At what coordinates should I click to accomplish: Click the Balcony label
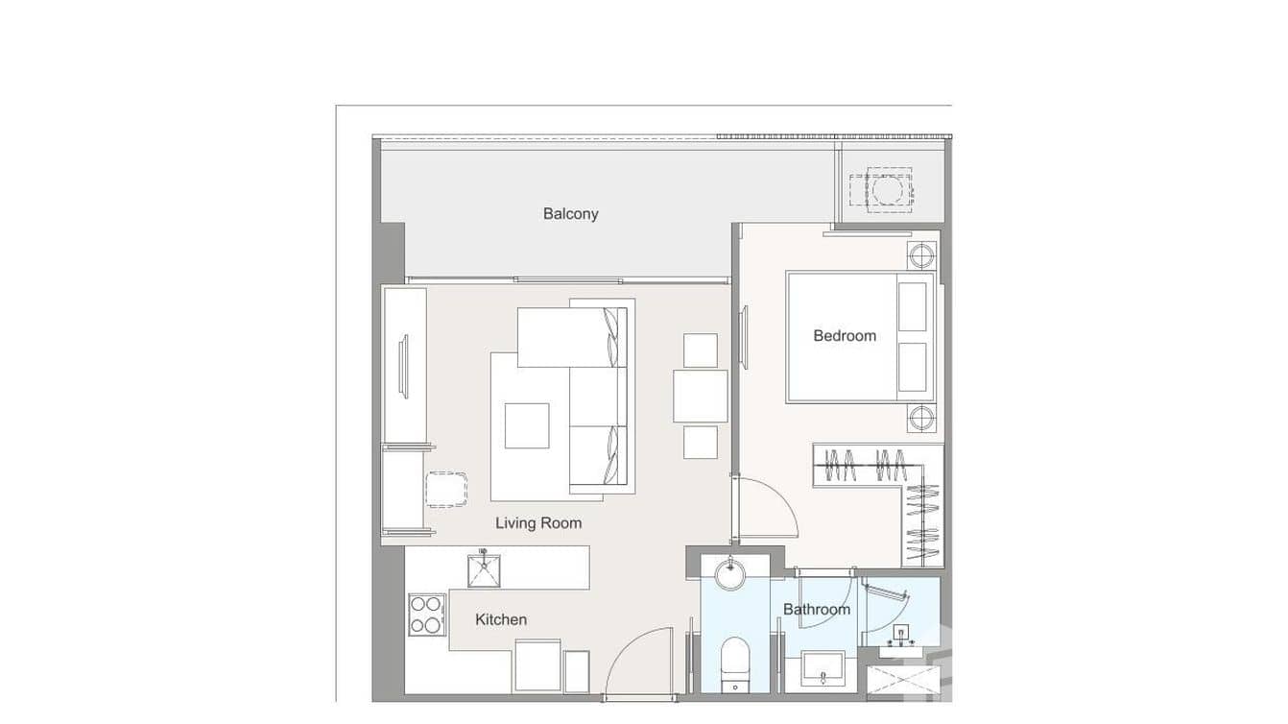(570, 213)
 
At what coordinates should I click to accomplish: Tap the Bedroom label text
(845, 335)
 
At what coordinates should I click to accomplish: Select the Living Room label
(538, 523)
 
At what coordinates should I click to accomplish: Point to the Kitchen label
(501, 619)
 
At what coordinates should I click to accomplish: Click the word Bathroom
(817, 609)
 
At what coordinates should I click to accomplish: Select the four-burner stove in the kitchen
(427, 615)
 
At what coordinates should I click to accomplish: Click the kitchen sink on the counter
(484, 568)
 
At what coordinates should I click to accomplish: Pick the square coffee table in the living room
(527, 425)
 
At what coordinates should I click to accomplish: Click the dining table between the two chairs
(701, 396)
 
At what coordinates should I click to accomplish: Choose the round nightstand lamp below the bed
(921, 419)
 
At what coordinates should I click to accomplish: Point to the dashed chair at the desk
(446, 489)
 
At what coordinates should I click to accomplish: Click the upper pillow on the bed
(913, 306)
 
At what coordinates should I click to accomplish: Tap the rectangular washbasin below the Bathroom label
(822, 669)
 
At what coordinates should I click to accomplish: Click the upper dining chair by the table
(701, 350)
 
